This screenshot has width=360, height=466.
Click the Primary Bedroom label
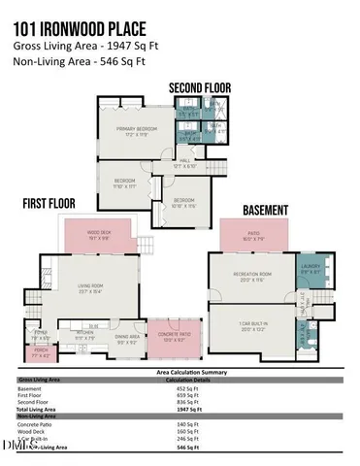pyautogui.click(x=138, y=129)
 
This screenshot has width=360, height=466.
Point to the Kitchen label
pyautogui.click(x=84, y=337)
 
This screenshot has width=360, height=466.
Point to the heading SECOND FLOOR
pyautogui.click(x=200, y=87)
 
